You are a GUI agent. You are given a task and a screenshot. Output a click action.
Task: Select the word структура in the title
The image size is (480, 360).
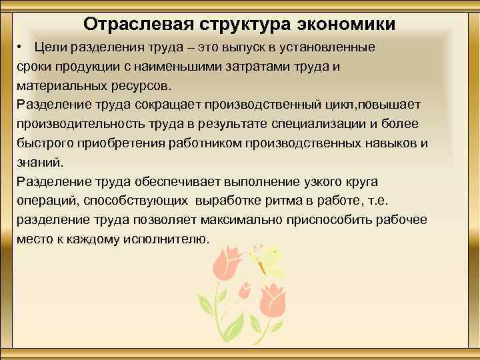click(x=241, y=25)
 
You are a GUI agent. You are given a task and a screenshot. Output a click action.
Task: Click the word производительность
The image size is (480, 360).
click(x=86, y=124)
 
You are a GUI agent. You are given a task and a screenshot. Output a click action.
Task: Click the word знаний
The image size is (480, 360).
click(x=40, y=162)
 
